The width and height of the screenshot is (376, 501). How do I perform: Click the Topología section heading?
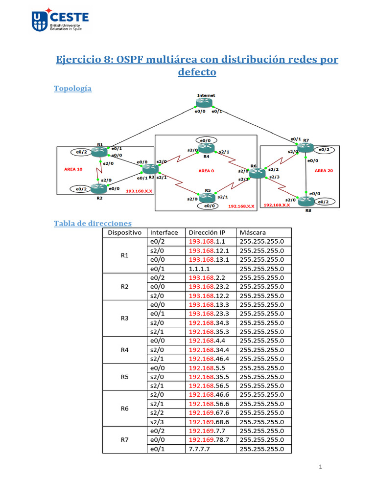pos(72,89)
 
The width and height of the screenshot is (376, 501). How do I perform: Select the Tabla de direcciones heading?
pos(93,223)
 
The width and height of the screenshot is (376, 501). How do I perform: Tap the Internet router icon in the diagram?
pos(205,103)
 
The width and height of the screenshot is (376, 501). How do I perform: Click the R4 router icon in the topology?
pos(206,148)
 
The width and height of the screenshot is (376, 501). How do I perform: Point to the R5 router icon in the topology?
pos(207,197)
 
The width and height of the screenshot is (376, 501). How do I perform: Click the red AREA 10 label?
pos(73,168)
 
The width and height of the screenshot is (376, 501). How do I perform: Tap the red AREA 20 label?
pos(324,171)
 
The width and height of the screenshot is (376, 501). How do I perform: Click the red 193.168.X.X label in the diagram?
pos(139,191)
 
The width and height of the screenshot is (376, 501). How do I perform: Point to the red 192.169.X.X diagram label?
pos(277,205)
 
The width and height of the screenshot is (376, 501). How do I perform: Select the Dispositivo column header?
pos(124,232)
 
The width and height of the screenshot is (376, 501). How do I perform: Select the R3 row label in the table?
pos(124,318)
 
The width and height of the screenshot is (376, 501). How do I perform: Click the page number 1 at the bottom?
pos(320,467)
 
